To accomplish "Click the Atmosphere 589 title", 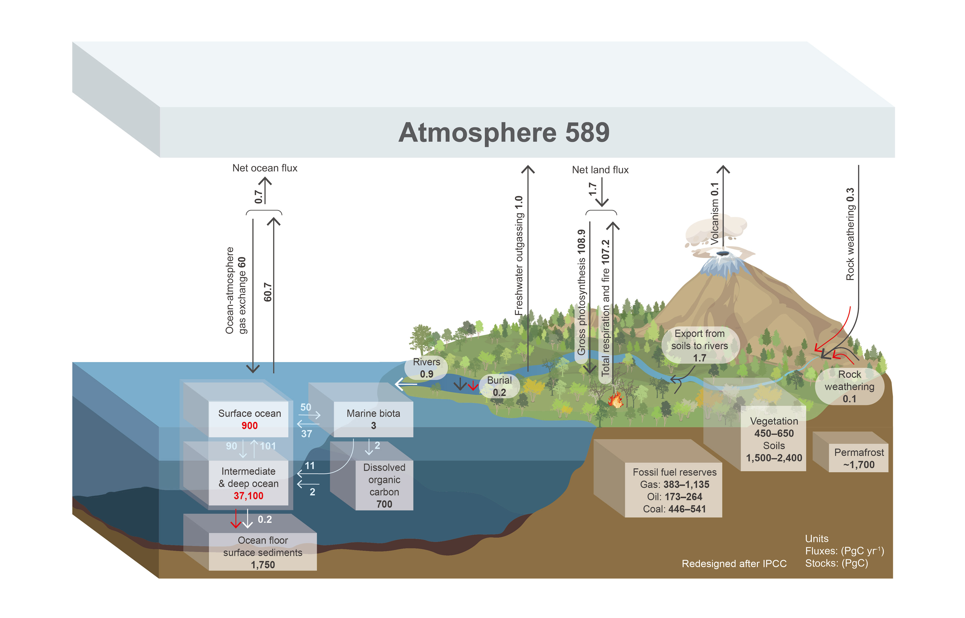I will pyautogui.click(x=504, y=133).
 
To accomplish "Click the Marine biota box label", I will pyautogui.click(x=373, y=413).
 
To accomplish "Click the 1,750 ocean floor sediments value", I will pyautogui.click(x=263, y=565).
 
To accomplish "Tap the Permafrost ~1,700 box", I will pyautogui.click(x=859, y=459).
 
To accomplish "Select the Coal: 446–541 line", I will pyautogui.click(x=674, y=509).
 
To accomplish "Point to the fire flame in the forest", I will pyautogui.click(x=615, y=400).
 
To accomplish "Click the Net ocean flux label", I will pyautogui.click(x=265, y=168).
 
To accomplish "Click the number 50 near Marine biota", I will pyautogui.click(x=306, y=407).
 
